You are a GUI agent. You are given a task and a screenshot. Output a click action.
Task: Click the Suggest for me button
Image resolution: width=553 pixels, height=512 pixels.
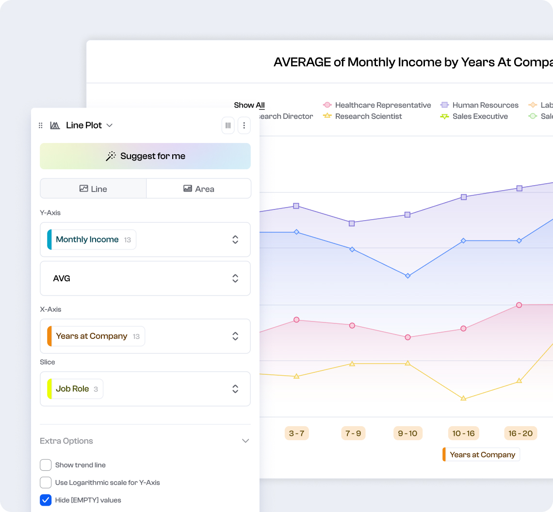click(x=145, y=156)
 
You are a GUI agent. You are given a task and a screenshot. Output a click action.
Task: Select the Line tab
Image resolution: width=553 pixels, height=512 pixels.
click(x=93, y=189)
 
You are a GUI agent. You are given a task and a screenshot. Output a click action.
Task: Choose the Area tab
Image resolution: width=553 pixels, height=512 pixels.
click(x=199, y=189)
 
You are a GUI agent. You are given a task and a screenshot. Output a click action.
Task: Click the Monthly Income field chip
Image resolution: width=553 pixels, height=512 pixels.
click(x=87, y=240)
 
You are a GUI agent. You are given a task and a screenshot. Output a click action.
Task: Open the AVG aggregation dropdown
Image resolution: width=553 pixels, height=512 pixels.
click(x=145, y=278)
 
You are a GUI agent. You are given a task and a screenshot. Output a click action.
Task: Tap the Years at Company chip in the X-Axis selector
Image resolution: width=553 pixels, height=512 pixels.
click(x=92, y=336)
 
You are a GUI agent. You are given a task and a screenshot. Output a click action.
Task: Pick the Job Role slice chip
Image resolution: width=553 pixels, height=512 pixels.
click(x=73, y=389)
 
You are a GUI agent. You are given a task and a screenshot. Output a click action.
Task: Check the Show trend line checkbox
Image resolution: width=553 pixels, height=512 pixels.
click(x=46, y=465)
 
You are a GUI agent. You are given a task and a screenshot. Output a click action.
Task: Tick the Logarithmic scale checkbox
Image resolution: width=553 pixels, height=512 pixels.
click(x=46, y=482)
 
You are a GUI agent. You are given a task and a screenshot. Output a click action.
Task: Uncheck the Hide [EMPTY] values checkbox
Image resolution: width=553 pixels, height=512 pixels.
click(x=46, y=500)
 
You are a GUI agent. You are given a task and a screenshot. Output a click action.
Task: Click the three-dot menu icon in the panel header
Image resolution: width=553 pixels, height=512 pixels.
click(x=244, y=126)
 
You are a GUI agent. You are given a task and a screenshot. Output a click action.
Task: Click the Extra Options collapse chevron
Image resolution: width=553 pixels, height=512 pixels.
click(x=245, y=441)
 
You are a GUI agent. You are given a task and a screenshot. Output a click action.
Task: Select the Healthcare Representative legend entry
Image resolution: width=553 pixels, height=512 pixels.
click(x=383, y=105)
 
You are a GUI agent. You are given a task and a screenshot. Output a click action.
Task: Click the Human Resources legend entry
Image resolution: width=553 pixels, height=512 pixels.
click(x=485, y=105)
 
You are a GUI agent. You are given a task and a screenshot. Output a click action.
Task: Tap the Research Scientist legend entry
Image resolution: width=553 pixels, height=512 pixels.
click(x=368, y=116)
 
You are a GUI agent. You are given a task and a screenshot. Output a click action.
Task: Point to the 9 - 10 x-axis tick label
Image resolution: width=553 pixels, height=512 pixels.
click(x=407, y=433)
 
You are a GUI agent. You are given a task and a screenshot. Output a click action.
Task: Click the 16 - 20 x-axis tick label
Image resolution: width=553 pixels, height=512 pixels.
click(x=520, y=433)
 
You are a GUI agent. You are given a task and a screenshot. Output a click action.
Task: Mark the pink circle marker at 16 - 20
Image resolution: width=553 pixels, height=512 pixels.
click(x=519, y=305)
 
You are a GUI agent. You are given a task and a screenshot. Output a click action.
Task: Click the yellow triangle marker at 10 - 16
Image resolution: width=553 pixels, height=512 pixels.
click(x=463, y=398)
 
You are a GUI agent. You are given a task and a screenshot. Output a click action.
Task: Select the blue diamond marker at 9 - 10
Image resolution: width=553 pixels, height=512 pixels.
click(x=407, y=276)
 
